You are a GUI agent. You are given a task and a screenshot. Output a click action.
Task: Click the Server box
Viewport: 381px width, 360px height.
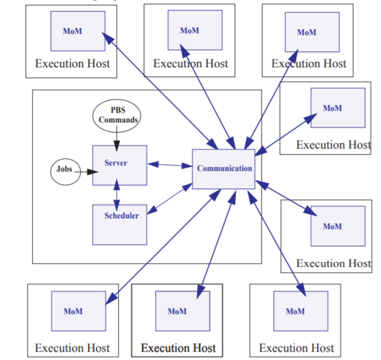(119, 165)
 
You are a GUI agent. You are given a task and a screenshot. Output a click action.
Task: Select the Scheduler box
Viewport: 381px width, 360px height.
(119, 224)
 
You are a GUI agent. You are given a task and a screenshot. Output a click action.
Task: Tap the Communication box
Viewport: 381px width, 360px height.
(224, 168)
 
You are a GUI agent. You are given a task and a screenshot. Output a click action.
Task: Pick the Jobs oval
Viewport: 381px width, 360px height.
(65, 170)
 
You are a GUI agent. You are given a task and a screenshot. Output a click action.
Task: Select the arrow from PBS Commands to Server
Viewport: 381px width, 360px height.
(116, 139)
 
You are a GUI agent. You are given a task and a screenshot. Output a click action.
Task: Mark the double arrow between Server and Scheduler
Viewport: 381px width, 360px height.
(117, 195)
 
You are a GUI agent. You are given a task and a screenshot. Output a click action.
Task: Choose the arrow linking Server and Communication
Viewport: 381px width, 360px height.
(170, 165)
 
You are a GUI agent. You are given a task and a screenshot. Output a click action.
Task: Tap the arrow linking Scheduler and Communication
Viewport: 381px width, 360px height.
(170, 199)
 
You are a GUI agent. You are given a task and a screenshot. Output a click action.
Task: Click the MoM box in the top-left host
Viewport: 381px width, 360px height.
(78, 31)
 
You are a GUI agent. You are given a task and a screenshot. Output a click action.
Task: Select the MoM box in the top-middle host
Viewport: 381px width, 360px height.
(194, 30)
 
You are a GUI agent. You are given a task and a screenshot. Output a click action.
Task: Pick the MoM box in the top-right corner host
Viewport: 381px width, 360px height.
(311, 32)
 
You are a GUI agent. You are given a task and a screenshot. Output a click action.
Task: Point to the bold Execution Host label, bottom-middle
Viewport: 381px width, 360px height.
(178, 348)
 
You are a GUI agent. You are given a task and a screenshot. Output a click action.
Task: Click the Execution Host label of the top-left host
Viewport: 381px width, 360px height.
(72, 63)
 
